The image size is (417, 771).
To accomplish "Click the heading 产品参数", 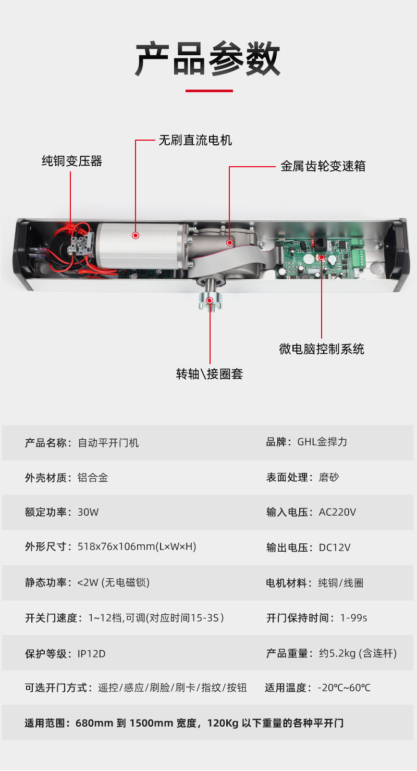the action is (x=207, y=59).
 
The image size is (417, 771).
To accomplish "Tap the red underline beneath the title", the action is (x=209, y=91).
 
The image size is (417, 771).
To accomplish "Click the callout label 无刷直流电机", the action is (x=195, y=141).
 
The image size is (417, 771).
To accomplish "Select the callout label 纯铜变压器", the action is (x=72, y=161).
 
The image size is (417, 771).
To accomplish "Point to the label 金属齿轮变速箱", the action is (x=323, y=166).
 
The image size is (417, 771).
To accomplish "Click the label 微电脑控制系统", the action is (x=322, y=349).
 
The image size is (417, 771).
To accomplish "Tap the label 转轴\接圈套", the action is (x=210, y=374).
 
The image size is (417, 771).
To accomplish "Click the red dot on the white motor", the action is (x=136, y=235).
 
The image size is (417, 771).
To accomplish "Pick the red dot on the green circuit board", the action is (x=322, y=257).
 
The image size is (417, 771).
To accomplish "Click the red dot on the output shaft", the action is (x=210, y=301).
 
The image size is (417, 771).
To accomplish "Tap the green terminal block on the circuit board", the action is (x=358, y=257).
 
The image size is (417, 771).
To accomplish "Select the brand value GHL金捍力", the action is (x=322, y=442).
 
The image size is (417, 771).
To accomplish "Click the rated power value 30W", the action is (x=88, y=512).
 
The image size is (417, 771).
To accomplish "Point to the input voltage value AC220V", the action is (x=337, y=512).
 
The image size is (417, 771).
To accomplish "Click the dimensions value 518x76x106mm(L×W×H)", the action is (x=137, y=546).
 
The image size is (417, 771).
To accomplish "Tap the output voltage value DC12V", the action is (x=335, y=548).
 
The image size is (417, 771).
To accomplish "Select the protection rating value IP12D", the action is (x=92, y=654).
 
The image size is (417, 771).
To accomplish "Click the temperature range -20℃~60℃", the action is (x=344, y=688).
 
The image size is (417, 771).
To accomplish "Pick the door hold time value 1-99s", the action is (x=353, y=618).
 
